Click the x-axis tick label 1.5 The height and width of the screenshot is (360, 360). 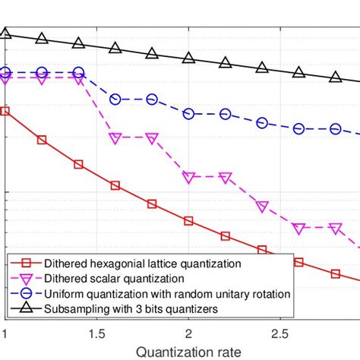point(96,334)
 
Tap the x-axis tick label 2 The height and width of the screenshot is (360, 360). point(188,334)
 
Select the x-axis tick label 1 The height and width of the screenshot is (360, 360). point(5,334)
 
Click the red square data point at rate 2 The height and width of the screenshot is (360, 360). point(188,221)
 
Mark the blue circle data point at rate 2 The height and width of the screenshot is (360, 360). point(188,113)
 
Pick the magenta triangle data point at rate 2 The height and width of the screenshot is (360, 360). point(188,177)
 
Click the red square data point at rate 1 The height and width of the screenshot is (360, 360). point(5,111)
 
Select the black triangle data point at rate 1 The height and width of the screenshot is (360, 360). point(5,33)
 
